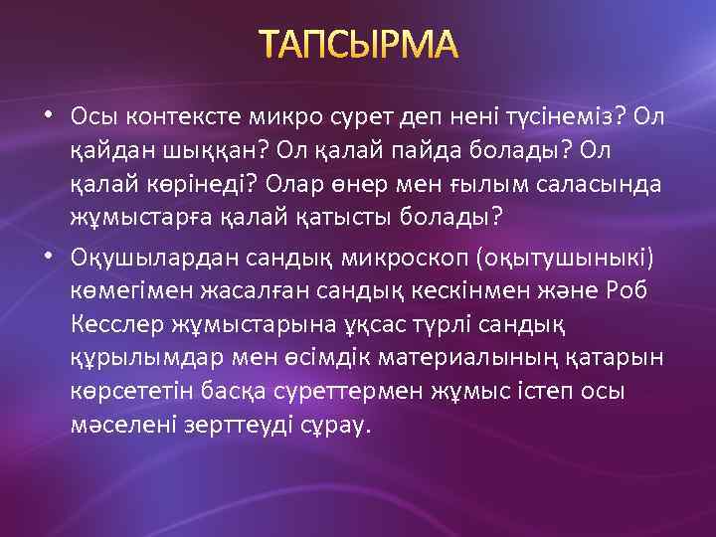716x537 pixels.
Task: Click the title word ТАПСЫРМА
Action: (358, 45)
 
